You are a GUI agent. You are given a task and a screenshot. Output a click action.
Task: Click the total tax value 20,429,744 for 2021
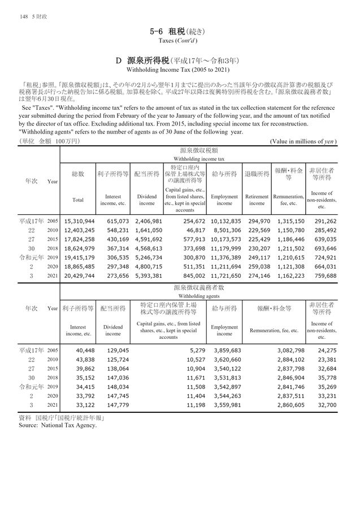coord(79,275)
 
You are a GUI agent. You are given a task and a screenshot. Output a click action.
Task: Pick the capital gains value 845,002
coord(192,275)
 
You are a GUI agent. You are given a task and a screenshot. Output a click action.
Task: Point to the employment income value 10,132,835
coord(225,221)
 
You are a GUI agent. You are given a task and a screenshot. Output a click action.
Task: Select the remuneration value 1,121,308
coord(290,266)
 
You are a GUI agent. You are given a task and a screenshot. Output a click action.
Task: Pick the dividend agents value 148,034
coord(116,387)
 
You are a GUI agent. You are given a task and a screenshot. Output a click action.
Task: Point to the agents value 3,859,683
coord(226,351)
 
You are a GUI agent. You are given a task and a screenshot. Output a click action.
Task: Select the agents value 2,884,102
coord(290,360)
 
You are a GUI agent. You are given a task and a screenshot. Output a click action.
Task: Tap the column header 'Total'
coord(78,200)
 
